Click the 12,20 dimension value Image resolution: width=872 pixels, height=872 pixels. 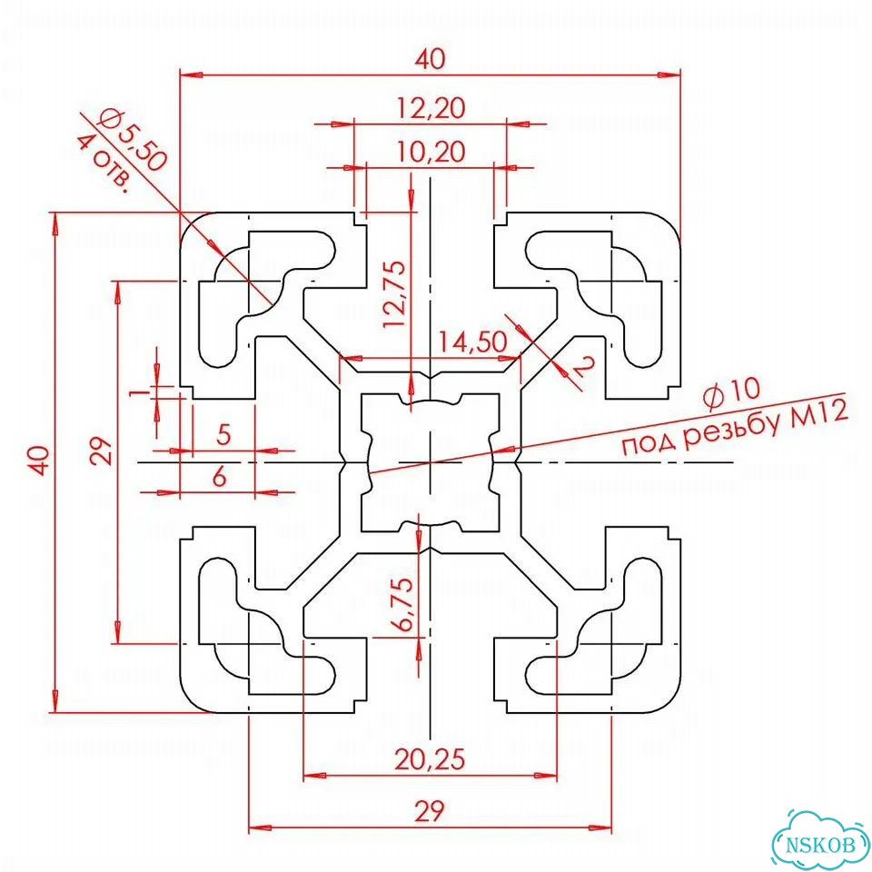[431, 108]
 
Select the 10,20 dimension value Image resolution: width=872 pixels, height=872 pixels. [431, 152]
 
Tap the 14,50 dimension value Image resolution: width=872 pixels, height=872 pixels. [472, 342]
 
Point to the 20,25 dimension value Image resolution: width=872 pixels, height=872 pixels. [430, 758]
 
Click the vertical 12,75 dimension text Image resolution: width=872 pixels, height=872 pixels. [394, 293]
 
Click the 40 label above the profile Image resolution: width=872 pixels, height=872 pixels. [431, 59]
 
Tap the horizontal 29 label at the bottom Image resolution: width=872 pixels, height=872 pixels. [430, 811]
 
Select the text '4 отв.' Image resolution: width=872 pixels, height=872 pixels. [104, 164]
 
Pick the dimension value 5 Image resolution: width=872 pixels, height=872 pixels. [223, 434]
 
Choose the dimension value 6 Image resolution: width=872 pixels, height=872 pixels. [220, 477]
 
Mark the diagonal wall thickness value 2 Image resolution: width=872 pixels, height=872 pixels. [583, 367]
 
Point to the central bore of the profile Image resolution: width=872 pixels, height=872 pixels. [430, 462]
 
